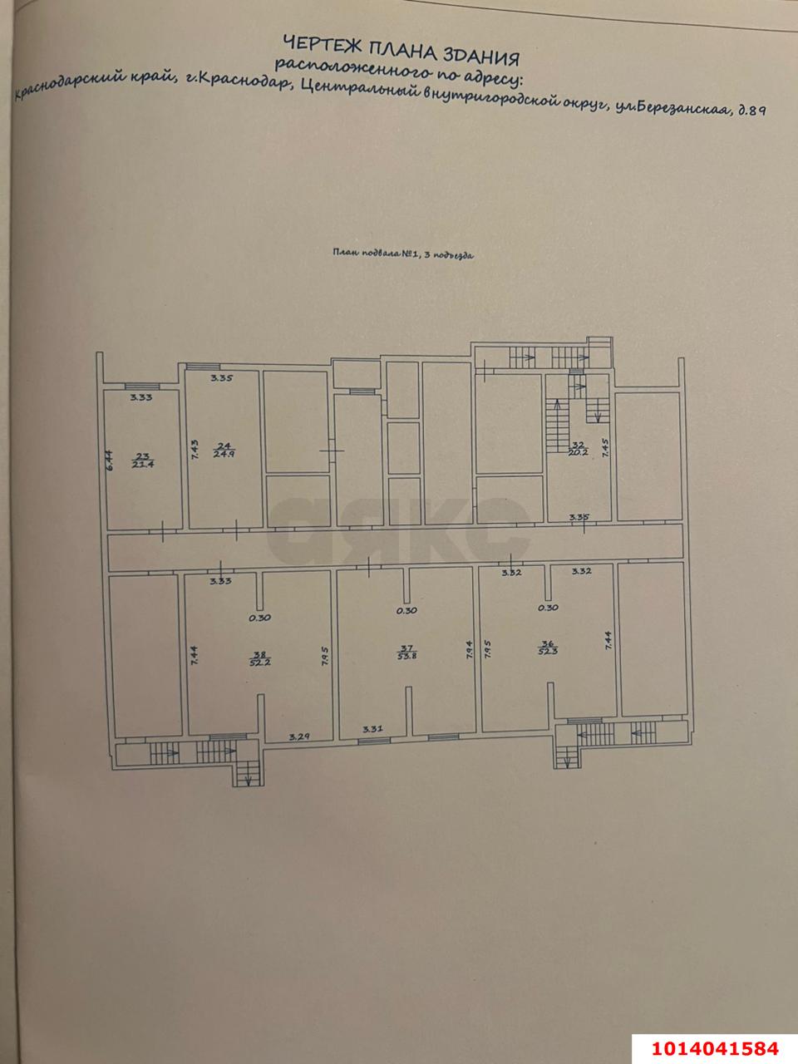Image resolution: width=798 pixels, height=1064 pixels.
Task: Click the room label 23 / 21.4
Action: pyautogui.click(x=140, y=460)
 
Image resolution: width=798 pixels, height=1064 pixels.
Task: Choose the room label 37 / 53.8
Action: pyautogui.click(x=406, y=653)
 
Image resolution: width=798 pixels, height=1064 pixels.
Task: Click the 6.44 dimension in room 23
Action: pyautogui.click(x=109, y=459)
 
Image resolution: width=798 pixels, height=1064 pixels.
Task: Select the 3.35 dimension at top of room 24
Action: pyautogui.click(x=221, y=378)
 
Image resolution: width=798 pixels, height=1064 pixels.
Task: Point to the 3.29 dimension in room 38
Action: pyautogui.click(x=300, y=736)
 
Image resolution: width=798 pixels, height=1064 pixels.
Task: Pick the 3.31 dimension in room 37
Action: pyautogui.click(x=372, y=729)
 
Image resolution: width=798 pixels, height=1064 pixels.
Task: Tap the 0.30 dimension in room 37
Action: pyautogui.click(x=406, y=611)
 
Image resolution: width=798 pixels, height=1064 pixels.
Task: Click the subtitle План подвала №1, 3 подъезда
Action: pyautogui.click(x=402, y=256)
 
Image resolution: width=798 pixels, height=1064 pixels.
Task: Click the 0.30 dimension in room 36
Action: pyautogui.click(x=547, y=608)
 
